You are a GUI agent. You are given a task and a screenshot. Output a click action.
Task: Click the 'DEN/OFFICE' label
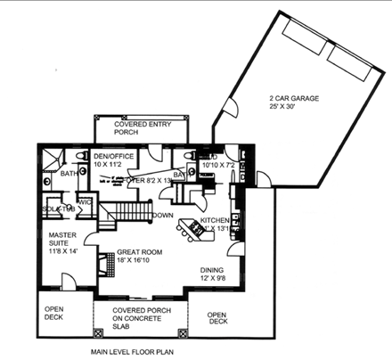click(114, 156)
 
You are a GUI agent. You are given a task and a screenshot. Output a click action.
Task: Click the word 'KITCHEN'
click(216, 219)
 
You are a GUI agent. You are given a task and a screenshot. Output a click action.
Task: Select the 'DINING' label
click(212, 268)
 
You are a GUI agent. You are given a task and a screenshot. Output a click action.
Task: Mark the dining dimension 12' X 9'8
click(212, 278)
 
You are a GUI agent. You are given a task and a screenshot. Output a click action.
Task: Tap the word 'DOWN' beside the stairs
click(162, 216)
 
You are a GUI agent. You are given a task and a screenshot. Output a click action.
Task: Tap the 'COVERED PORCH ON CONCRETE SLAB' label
click(139, 318)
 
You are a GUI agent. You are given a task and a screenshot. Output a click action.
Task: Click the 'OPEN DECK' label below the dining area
click(216, 318)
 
